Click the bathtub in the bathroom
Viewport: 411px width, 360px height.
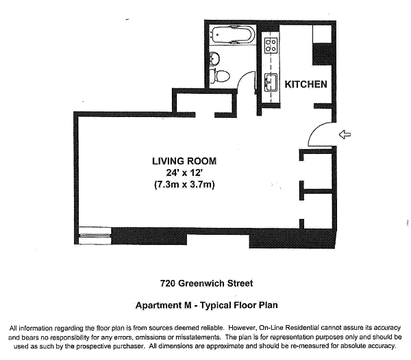point(233,34)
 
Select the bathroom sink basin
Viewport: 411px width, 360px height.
point(214,58)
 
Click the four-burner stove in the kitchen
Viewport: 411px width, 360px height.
point(271,45)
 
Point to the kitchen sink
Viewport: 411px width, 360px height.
point(271,82)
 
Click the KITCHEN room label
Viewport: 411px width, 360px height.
point(306,84)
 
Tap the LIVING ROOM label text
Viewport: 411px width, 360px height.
point(184,161)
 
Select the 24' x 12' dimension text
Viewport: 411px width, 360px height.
point(184,172)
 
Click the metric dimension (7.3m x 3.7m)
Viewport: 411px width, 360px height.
point(184,185)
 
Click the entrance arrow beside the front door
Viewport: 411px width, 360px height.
point(345,135)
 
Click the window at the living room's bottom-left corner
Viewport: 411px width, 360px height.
point(95,235)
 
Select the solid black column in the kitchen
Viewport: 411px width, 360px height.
point(323,55)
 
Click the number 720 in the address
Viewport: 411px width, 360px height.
point(168,283)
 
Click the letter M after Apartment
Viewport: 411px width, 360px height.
point(188,305)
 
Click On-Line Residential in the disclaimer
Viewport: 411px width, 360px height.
point(289,328)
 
